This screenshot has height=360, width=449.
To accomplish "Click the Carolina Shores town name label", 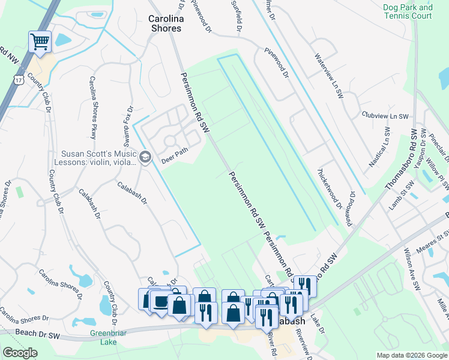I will (165, 23).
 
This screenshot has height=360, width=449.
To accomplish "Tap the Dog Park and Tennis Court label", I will (408, 12).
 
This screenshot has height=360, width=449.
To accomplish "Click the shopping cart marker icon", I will (40, 42).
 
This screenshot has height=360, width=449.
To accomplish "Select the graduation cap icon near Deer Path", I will (145, 157).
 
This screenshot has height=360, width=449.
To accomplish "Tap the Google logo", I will (20, 353).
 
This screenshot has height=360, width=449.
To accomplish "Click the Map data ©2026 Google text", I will (412, 355).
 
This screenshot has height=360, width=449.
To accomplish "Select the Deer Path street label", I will (175, 156).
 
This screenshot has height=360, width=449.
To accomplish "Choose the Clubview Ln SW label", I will (385, 116).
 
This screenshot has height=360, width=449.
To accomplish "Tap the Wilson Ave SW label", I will (414, 260).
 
